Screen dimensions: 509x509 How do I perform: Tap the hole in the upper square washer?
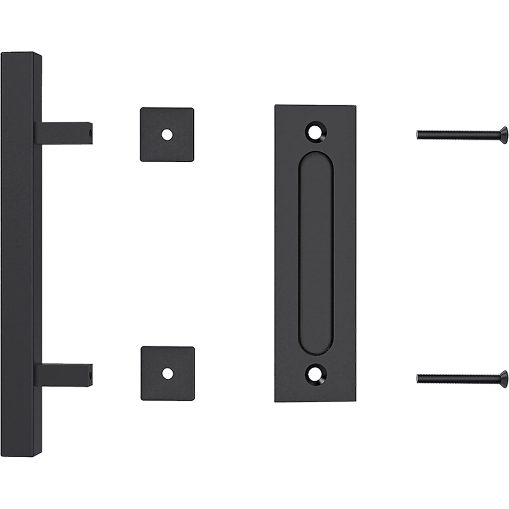point(167,134)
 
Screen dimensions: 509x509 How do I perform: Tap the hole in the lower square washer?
point(167,374)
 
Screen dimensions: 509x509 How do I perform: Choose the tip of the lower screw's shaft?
point(418,378)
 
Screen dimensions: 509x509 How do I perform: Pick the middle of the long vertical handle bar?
point(19,254)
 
